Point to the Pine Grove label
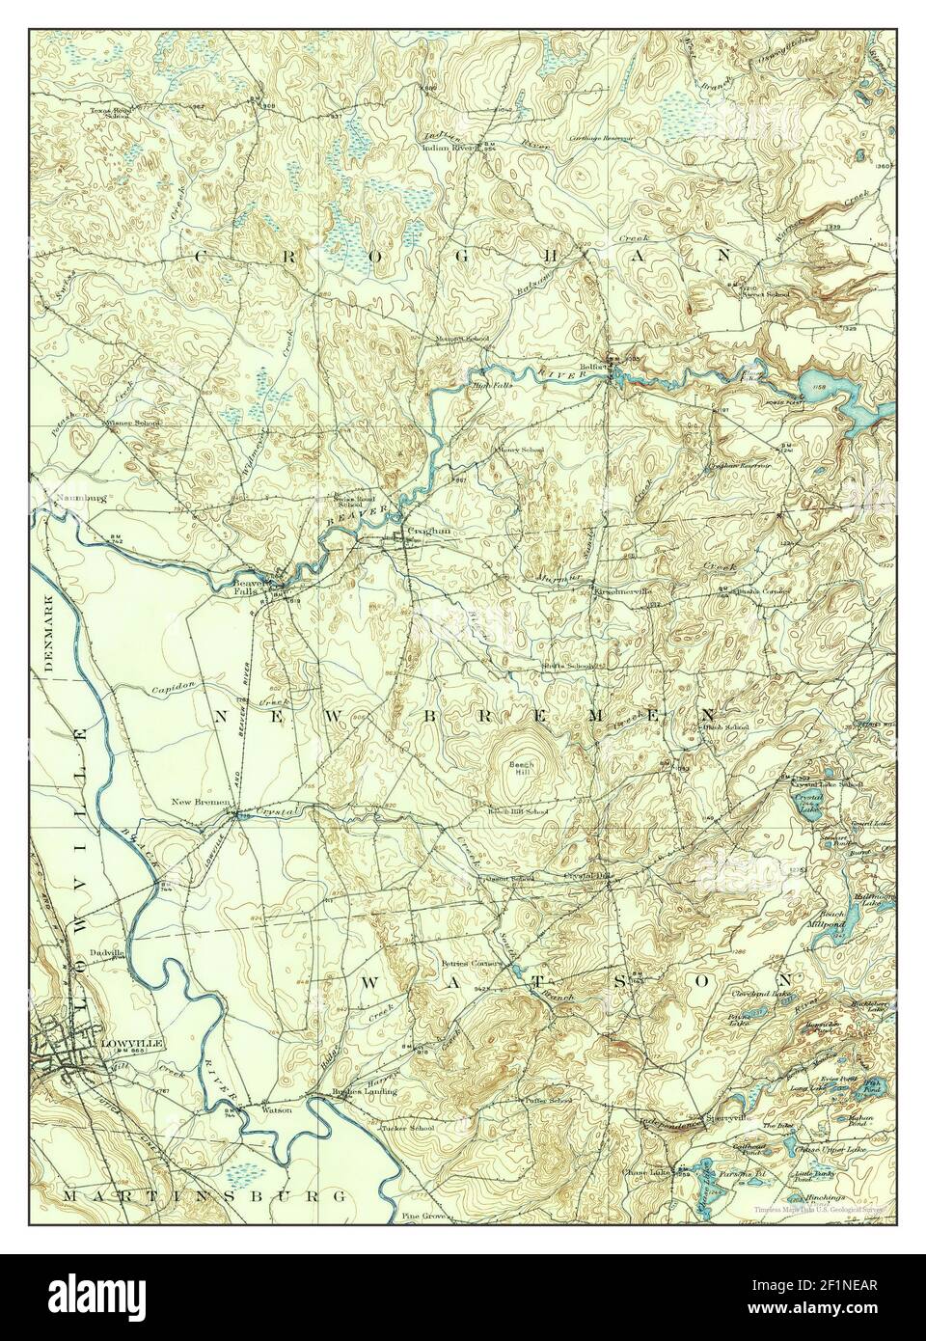(423, 1218)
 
